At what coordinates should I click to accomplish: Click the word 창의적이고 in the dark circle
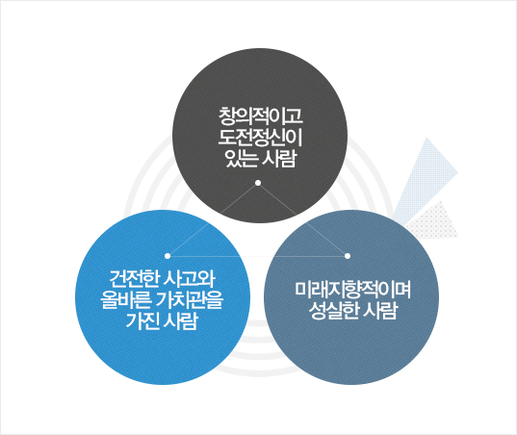(x=261, y=116)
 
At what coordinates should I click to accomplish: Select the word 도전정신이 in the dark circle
(x=261, y=138)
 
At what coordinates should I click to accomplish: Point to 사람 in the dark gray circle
(x=279, y=159)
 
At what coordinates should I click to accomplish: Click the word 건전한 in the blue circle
(x=134, y=279)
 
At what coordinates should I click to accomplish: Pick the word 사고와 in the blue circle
(x=190, y=279)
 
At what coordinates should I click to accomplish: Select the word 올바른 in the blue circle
(x=126, y=300)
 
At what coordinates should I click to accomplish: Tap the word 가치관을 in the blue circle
(x=191, y=300)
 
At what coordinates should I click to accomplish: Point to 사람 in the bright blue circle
(x=180, y=320)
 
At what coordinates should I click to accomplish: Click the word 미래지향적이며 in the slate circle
(x=352, y=290)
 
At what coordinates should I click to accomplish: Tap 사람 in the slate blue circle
(x=381, y=311)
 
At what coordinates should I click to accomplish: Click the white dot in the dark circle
(x=258, y=183)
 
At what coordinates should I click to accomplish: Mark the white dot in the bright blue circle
(x=168, y=256)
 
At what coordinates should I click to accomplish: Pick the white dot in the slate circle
(x=348, y=256)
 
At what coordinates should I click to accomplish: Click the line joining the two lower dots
(x=257, y=256)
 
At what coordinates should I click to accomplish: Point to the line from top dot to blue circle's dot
(x=213, y=219)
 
